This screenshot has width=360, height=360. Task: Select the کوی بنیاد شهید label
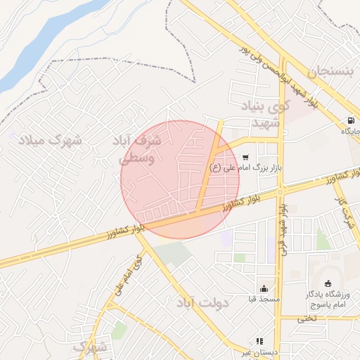pos(265,115)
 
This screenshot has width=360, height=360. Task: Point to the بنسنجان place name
pos(328,70)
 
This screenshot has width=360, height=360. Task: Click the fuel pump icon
pos(350,120)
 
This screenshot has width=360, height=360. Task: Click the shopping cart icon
pos(245,157)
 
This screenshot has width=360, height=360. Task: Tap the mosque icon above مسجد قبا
pos(263,288)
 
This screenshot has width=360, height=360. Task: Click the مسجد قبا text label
pos(263,299)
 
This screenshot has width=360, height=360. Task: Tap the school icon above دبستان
pos(259,341)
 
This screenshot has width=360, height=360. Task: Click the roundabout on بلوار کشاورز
pos(281,190)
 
